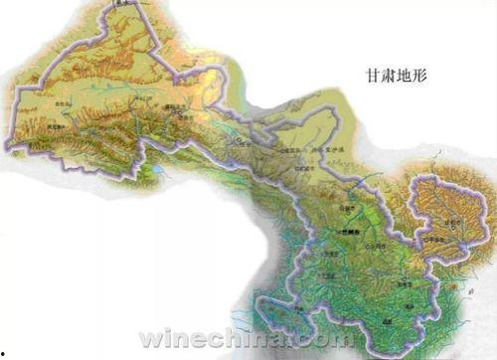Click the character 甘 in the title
coord(373,74)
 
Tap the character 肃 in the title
coord(389,74)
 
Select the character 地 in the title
coord(405,74)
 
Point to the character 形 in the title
coord(420,74)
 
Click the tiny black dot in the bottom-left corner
coord(3,354)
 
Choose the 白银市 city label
coord(347,210)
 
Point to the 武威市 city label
coord(288,163)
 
